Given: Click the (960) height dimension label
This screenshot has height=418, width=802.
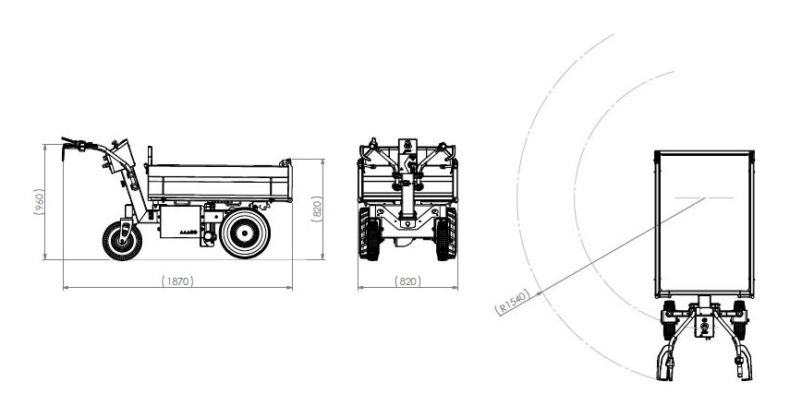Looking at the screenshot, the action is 40,202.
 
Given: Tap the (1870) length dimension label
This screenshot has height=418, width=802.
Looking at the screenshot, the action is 177,281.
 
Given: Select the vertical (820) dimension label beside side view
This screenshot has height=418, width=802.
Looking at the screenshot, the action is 317,209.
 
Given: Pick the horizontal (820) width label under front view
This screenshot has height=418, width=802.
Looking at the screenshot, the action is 407,281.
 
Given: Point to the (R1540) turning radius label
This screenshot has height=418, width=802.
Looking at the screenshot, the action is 512,302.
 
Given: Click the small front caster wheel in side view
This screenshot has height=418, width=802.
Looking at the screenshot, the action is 122,241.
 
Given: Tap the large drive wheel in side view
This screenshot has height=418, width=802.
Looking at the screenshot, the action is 245,233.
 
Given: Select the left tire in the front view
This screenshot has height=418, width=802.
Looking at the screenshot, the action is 371,233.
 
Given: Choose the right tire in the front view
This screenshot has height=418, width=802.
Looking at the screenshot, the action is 445,233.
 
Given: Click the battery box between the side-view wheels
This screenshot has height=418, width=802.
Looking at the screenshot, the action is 180,221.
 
